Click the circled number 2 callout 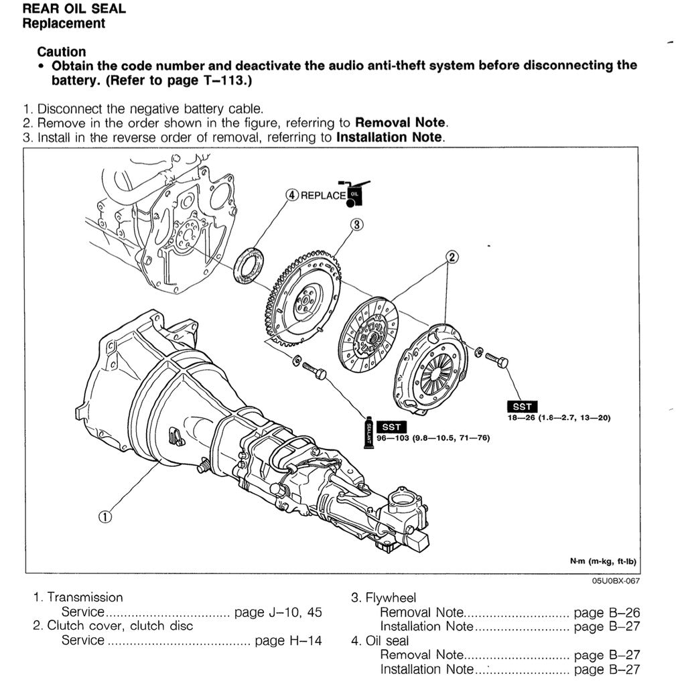(452, 257)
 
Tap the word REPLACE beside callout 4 (323, 196)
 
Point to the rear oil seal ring (249, 265)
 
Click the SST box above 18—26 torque (522, 407)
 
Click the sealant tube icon (368, 432)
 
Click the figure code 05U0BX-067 (616, 580)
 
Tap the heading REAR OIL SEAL (74, 9)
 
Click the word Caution (62, 52)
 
